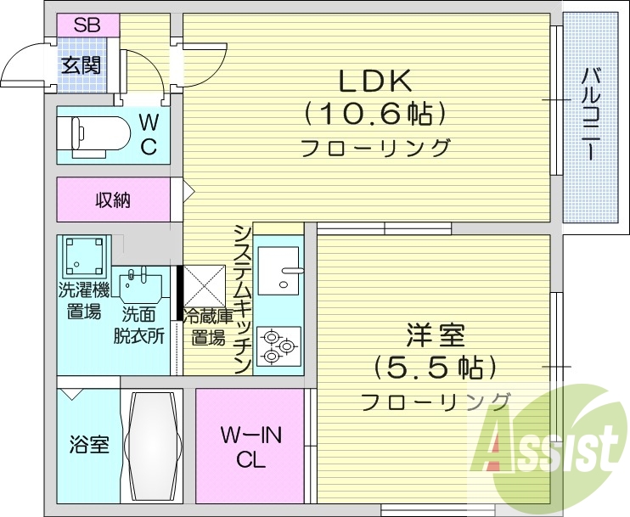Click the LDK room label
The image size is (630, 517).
(375, 82)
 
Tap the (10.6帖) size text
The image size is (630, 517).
(375, 113)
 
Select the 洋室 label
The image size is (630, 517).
(436, 336)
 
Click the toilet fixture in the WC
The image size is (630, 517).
(93, 133)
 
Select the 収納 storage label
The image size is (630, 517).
(112, 200)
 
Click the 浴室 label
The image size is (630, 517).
(89, 445)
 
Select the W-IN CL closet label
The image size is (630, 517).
(250, 448)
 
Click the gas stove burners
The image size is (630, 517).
(278, 346)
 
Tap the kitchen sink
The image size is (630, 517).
(278, 270)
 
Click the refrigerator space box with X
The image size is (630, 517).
(203, 287)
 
